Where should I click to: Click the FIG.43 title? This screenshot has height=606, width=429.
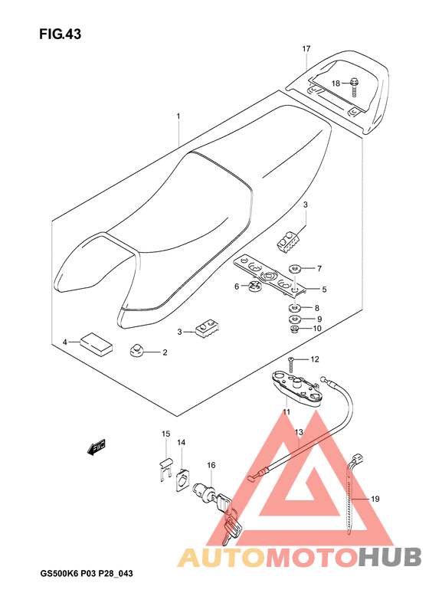pos(60,34)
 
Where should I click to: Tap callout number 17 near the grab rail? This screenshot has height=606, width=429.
pos(306,49)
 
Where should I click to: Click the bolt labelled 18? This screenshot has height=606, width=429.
pos(354,88)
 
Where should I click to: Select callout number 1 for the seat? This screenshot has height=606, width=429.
pos(178,116)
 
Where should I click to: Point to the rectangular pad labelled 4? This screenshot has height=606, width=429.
pos(97,343)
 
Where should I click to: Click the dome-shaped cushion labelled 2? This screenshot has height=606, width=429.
pos(136,351)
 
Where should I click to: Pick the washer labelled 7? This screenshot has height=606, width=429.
pos(294,268)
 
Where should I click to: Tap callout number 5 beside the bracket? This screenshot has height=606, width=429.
pos(324,289)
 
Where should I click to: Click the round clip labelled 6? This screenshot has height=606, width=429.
pos(254,287)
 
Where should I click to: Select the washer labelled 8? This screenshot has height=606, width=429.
pos(295,308)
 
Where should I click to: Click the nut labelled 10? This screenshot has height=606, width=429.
pos(295,329)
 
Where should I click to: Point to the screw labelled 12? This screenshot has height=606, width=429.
pos(291,365)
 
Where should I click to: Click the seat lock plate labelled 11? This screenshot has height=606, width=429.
pos(295,388)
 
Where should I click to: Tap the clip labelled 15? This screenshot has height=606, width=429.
pos(166,469)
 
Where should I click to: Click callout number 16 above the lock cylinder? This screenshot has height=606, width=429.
pos(211,465)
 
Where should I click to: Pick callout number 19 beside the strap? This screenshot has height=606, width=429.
pos(375,499)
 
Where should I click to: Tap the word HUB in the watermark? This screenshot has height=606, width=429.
pos(389,558)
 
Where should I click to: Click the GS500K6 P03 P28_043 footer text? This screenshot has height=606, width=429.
pos(87,574)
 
